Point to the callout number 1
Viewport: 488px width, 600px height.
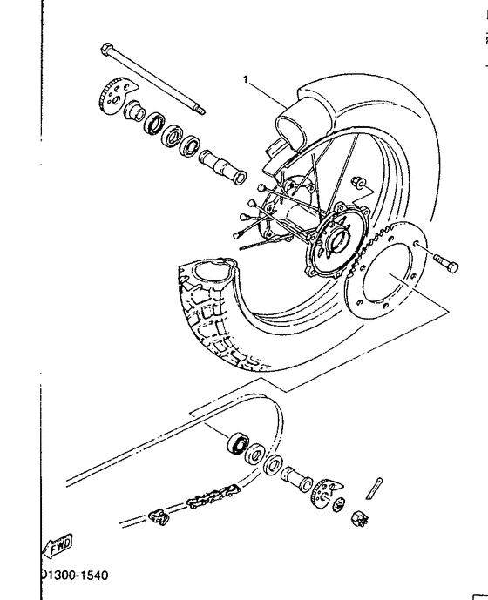coord(246,79)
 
